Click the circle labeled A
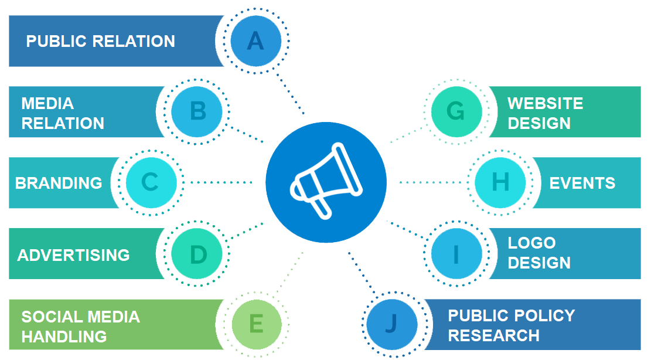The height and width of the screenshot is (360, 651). pos(255,41)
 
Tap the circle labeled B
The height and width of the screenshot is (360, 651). pos(197,111)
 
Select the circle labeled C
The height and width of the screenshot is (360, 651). pos(151,182)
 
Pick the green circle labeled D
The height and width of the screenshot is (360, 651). pos(198,254)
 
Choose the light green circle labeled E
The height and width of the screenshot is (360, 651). pos(256,324)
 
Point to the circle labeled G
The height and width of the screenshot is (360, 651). pos(456,111)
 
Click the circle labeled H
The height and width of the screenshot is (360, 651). pos(500,182)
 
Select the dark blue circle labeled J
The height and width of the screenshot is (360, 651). pos(392,324)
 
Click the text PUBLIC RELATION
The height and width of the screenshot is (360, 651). pos(101,42)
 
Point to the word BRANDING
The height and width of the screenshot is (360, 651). pos(59,183)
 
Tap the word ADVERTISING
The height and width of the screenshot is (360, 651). pos(74,255)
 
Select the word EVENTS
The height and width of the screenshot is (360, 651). pos(582,183)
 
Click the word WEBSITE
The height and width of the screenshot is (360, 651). pos(545,104)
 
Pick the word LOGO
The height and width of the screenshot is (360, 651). pos(531,243)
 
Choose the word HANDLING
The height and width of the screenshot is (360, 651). pos(64,337)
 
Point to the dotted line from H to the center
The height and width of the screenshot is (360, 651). pos(434,182)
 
